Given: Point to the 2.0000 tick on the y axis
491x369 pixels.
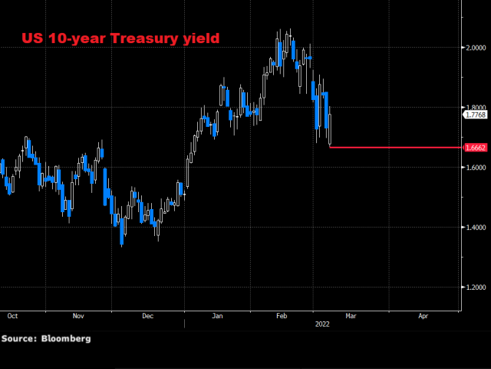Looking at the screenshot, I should coord(475,48).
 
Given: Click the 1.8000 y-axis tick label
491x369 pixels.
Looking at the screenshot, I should coord(475,108).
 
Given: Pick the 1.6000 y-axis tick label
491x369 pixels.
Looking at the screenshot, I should coord(475,168).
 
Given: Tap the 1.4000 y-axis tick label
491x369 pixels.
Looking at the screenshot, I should coord(475,228).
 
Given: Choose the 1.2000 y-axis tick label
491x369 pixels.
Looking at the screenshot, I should coord(475,288).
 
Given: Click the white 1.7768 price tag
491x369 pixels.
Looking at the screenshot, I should coord(476,115).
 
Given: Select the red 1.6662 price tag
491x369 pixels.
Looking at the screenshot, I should coord(476,147).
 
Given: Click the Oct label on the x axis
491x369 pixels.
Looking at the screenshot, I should coord(12,315).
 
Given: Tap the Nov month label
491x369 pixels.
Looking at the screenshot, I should coord(78,315).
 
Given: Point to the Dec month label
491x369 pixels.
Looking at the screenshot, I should coord(148,315).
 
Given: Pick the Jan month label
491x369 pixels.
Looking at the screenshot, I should coord(218,315).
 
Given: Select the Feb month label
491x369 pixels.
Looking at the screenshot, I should coord(281,315).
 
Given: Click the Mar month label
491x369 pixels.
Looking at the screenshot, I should coord(351,315).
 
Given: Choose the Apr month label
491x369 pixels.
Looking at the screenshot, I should coord(423,315).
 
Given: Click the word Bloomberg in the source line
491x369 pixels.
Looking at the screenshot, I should coord(65,338).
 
